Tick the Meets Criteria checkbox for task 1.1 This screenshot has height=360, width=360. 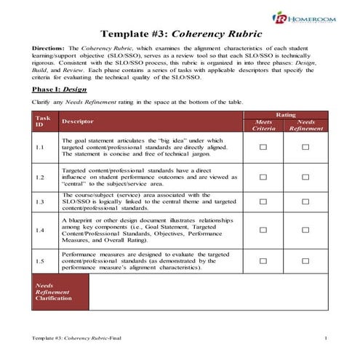tap(263, 147)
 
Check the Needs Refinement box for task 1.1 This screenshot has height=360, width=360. tap(305, 147)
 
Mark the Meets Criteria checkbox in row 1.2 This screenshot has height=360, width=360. tap(263, 175)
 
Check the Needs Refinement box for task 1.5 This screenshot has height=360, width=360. tap(305, 260)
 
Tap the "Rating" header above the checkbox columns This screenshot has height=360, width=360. tap(285, 114)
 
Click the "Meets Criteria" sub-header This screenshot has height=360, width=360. tap(263, 126)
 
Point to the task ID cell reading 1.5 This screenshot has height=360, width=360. tap(40, 260)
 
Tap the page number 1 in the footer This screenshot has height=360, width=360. tap(327, 339)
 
